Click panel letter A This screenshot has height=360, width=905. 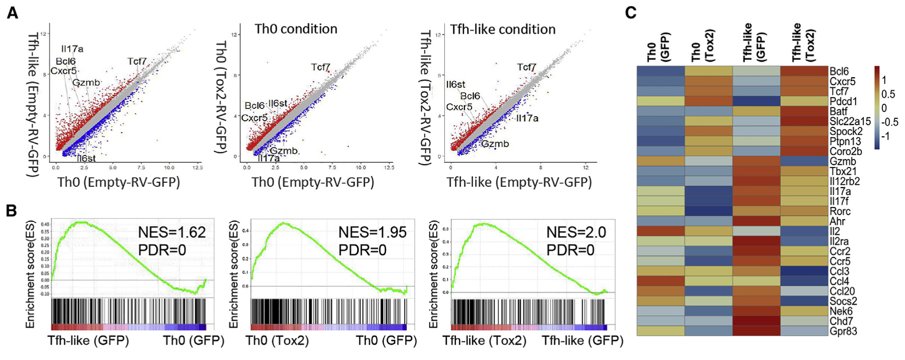click(x=13, y=13)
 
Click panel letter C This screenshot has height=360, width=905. click(x=630, y=13)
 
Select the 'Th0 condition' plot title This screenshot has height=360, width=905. click(x=296, y=29)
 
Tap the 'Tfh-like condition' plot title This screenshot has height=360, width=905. click(x=503, y=29)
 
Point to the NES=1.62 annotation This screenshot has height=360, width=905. click(x=172, y=232)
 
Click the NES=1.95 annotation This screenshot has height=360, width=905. click(x=372, y=232)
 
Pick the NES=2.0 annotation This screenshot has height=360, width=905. click(x=576, y=232)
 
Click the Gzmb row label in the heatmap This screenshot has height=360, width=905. click(x=842, y=161)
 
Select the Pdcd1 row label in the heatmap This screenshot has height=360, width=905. click(x=843, y=101)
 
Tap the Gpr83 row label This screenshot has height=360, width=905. click(x=843, y=331)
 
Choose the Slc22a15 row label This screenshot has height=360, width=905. click(x=850, y=121)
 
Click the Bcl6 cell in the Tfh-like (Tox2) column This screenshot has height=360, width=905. click(x=804, y=71)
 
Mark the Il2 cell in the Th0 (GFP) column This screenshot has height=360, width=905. click(x=660, y=231)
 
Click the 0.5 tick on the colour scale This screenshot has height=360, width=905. click(x=888, y=94)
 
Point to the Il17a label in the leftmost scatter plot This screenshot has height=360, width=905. click(x=72, y=49)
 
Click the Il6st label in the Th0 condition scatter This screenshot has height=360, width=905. click(x=278, y=103)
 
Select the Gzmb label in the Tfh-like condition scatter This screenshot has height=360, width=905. click(x=495, y=144)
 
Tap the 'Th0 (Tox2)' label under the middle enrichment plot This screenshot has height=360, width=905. click(x=277, y=341)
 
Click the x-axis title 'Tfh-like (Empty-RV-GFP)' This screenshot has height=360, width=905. click(x=519, y=182)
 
